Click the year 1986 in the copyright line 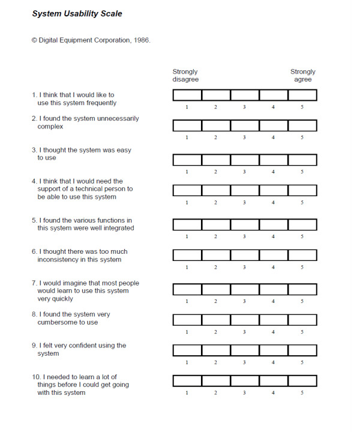click(140, 40)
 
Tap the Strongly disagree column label click(185, 76)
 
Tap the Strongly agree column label click(303, 76)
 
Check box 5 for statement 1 click(302, 95)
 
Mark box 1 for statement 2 click(187, 126)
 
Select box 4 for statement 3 click(274, 160)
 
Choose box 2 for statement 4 click(216, 191)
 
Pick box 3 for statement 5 click(245, 225)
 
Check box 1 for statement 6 click(187, 255)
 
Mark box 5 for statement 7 click(302, 290)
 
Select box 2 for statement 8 click(216, 320)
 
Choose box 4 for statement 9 click(274, 350)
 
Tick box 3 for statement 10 click(245, 381)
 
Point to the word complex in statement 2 click(50, 127)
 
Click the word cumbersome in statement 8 click(58, 322)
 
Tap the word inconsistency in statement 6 click(61, 260)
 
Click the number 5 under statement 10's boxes click(302, 393)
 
